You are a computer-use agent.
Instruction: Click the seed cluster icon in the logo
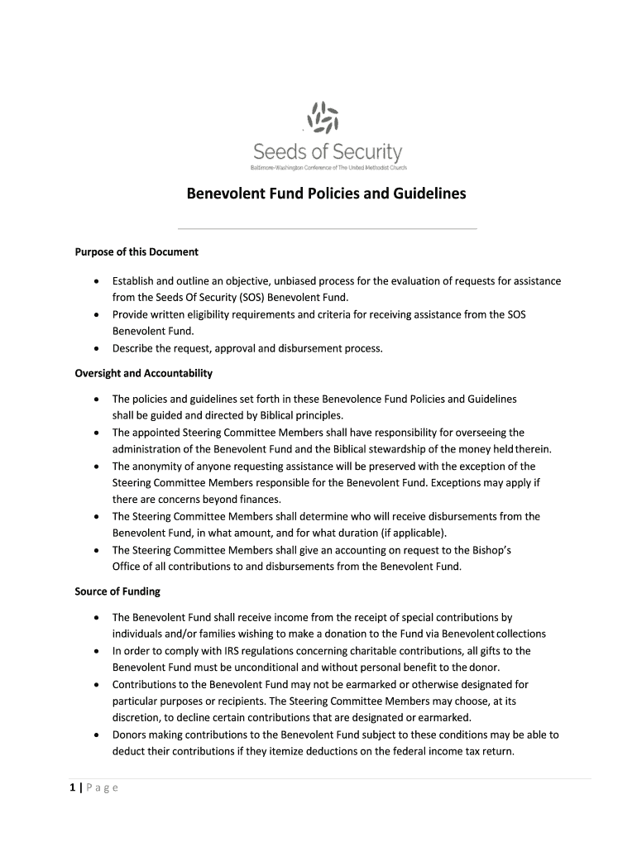(323, 117)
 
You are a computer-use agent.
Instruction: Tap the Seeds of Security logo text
(328, 152)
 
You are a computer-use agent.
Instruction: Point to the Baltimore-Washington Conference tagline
(328, 168)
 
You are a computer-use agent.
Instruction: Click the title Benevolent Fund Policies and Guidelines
(326, 194)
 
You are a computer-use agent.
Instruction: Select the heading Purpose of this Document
(136, 251)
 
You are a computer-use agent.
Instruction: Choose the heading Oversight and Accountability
(144, 373)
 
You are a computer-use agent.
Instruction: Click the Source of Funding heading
(117, 591)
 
